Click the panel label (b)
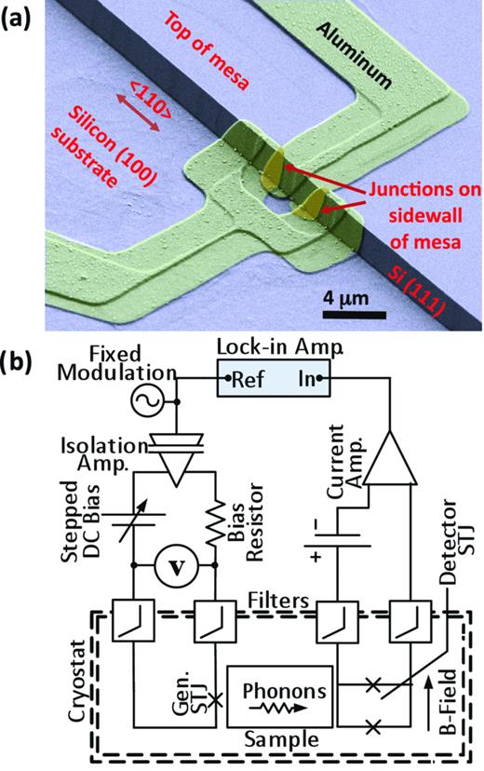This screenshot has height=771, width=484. tap(19, 361)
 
